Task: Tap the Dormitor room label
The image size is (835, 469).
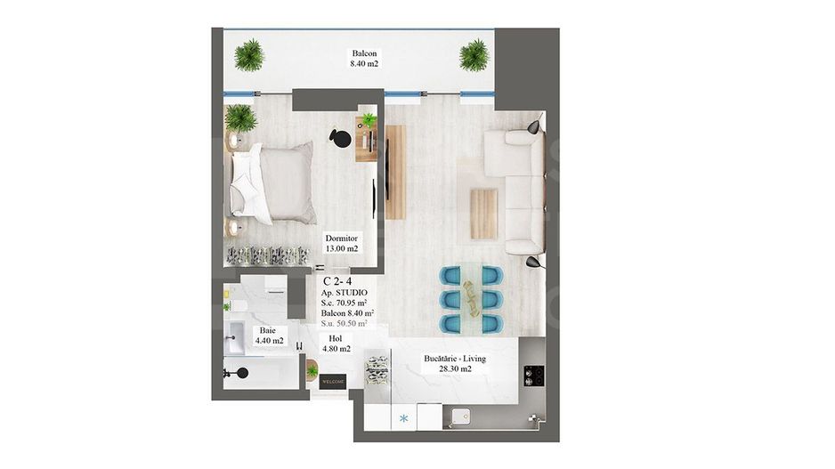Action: pyautogui.click(x=342, y=243)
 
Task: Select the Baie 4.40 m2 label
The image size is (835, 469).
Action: pyautogui.click(x=267, y=335)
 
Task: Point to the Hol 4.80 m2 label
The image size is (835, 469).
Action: pyautogui.click(x=335, y=343)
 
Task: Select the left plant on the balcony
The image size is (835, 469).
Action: pyautogui.click(x=249, y=55)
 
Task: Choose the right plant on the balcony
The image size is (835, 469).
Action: pyautogui.click(x=474, y=55)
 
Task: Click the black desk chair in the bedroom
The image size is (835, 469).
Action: pyautogui.click(x=339, y=136)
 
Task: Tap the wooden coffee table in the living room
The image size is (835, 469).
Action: pyautogui.click(x=483, y=214)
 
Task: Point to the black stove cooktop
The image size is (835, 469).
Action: pyautogui.click(x=534, y=376)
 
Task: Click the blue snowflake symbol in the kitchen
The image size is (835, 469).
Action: pyautogui.click(x=403, y=418)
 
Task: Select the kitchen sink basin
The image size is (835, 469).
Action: pyautogui.click(x=463, y=415)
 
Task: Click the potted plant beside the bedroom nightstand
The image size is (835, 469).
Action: pyautogui.click(x=240, y=117)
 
